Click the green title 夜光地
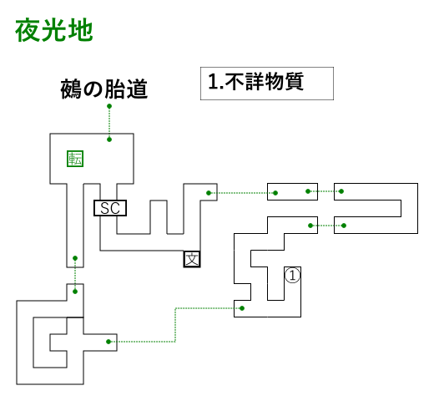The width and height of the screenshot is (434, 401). (x=54, y=30)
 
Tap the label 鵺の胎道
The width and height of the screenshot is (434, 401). (x=103, y=89)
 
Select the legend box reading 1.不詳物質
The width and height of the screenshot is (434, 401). (x=267, y=84)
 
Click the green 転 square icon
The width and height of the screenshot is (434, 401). (x=75, y=159)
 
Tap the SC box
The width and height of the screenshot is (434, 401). (x=110, y=208)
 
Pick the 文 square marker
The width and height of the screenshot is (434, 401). (x=192, y=259)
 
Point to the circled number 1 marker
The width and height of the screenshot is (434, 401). (x=292, y=276)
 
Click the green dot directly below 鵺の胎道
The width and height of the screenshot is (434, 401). (x=109, y=106)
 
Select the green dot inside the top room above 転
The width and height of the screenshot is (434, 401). (x=109, y=140)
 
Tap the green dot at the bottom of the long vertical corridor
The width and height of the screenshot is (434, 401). (x=75, y=258)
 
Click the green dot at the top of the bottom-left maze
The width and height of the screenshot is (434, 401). (x=75, y=292)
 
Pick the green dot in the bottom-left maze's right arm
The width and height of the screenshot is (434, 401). (x=108, y=342)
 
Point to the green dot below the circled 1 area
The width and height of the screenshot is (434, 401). (x=242, y=308)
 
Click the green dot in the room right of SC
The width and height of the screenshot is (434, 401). (x=209, y=193)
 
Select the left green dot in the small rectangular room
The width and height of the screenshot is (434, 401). (x=275, y=193)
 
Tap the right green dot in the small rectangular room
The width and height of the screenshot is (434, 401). (x=308, y=191)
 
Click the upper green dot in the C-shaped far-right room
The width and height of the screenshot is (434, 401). (x=341, y=191)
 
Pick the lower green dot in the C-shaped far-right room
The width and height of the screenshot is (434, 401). (x=344, y=226)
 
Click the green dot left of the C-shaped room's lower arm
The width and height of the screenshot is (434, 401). (x=310, y=226)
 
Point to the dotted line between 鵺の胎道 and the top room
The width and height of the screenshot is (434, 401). (x=109, y=123)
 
